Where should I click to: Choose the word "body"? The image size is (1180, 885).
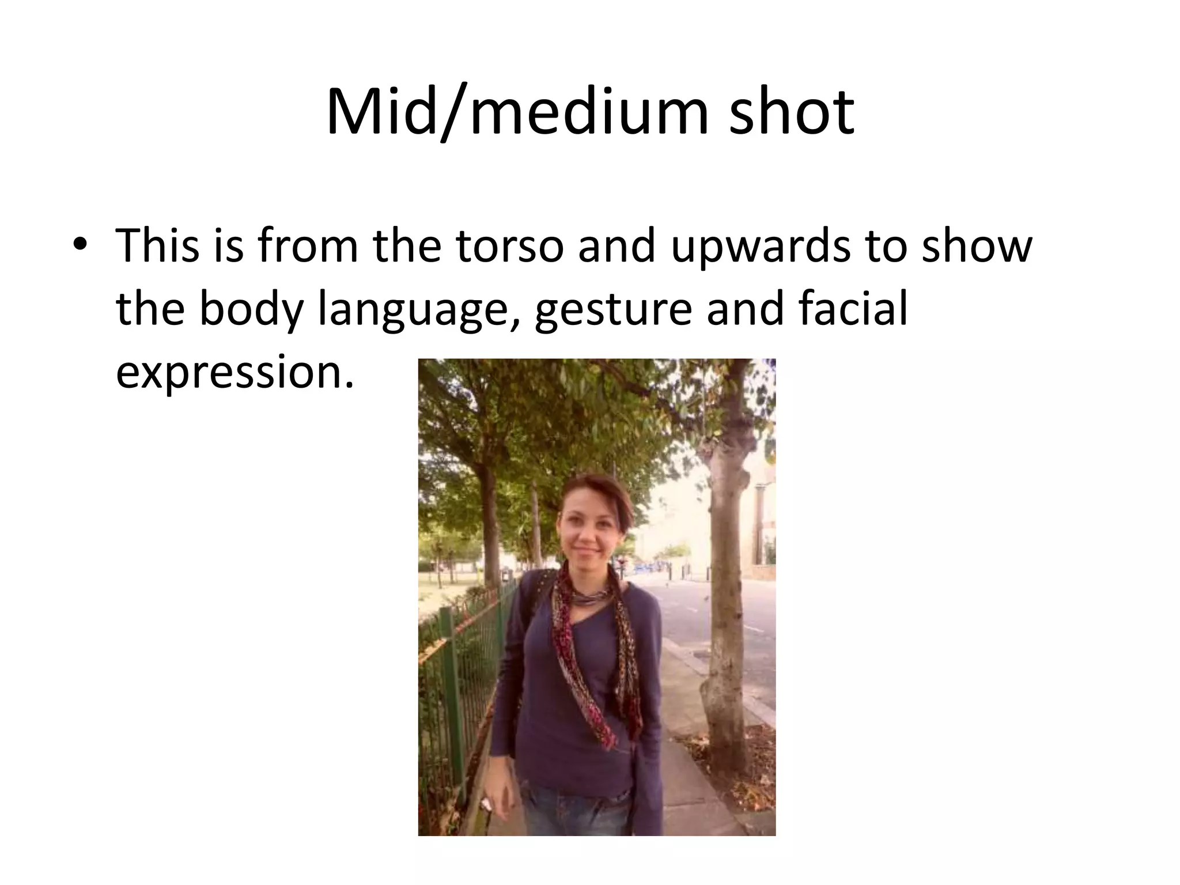point(251,310)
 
